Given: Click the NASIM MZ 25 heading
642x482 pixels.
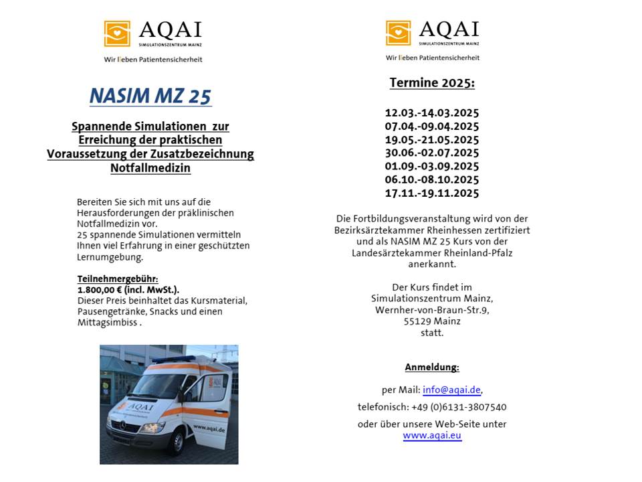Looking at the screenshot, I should (x=150, y=96).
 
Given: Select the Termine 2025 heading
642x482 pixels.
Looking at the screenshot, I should (x=432, y=83).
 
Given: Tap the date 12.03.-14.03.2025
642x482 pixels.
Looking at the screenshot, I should (x=432, y=113).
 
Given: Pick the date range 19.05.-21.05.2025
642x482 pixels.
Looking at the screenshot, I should (x=432, y=140).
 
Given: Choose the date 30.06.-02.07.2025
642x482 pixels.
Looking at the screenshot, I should (x=432, y=153).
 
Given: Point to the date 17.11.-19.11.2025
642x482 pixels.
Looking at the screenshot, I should (x=432, y=193).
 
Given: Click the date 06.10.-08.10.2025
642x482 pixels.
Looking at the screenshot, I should (x=432, y=180).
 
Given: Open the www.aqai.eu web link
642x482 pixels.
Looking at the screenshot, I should (x=432, y=435).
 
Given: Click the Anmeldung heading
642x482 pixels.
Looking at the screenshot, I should (x=432, y=368).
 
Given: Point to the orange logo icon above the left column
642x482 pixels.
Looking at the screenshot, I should (x=117, y=33).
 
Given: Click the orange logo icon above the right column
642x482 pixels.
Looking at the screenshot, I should (x=399, y=33).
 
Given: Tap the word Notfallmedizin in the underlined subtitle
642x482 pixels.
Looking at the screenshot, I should (x=150, y=169).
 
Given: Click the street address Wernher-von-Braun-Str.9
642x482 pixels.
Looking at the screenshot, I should (x=432, y=310).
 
